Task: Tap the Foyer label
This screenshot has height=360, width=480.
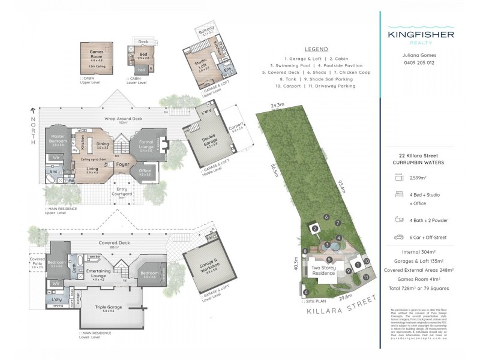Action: coord(124,163)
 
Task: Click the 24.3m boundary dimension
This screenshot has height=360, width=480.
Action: coord(277,106)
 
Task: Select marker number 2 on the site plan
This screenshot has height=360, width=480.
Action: coord(313,228)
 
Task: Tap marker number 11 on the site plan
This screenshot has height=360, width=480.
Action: coord(366,277)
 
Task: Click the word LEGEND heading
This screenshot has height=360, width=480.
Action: coord(316,49)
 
